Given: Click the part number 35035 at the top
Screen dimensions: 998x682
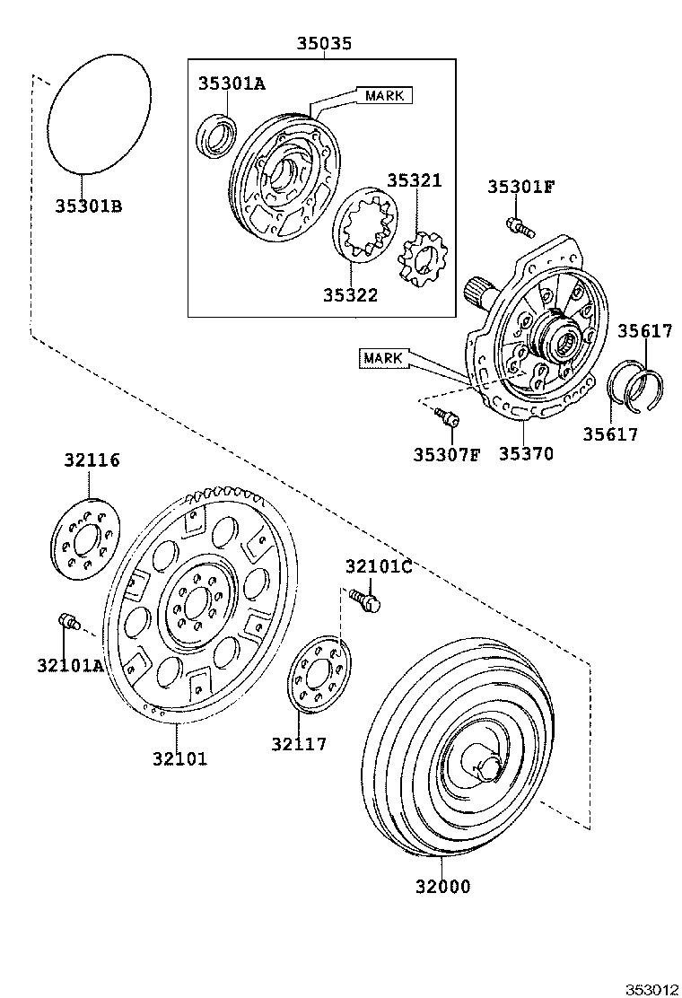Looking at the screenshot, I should pos(325,43).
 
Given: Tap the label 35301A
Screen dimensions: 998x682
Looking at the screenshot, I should pos(232,83).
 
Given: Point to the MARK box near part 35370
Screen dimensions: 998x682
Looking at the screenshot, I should pos(383,358).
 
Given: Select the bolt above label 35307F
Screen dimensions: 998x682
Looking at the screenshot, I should pos(446,416).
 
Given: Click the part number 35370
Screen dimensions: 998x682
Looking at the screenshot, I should pos(526,453).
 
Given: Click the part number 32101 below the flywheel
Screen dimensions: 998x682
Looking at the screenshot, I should pos(179,758).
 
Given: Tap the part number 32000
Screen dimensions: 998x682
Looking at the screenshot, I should pos(442,887).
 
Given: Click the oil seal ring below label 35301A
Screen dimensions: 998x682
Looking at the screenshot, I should pos(217,136).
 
